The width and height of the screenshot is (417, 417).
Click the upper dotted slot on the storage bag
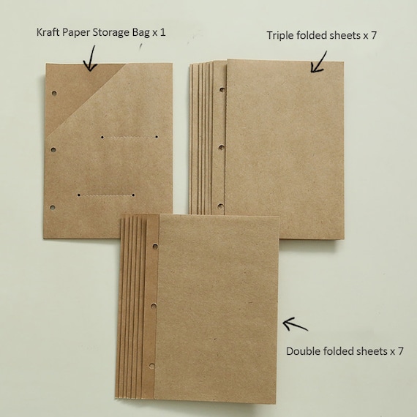[x=129, y=137]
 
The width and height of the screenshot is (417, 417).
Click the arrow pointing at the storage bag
[x=89, y=58]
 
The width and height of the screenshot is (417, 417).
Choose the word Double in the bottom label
[x=302, y=351]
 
